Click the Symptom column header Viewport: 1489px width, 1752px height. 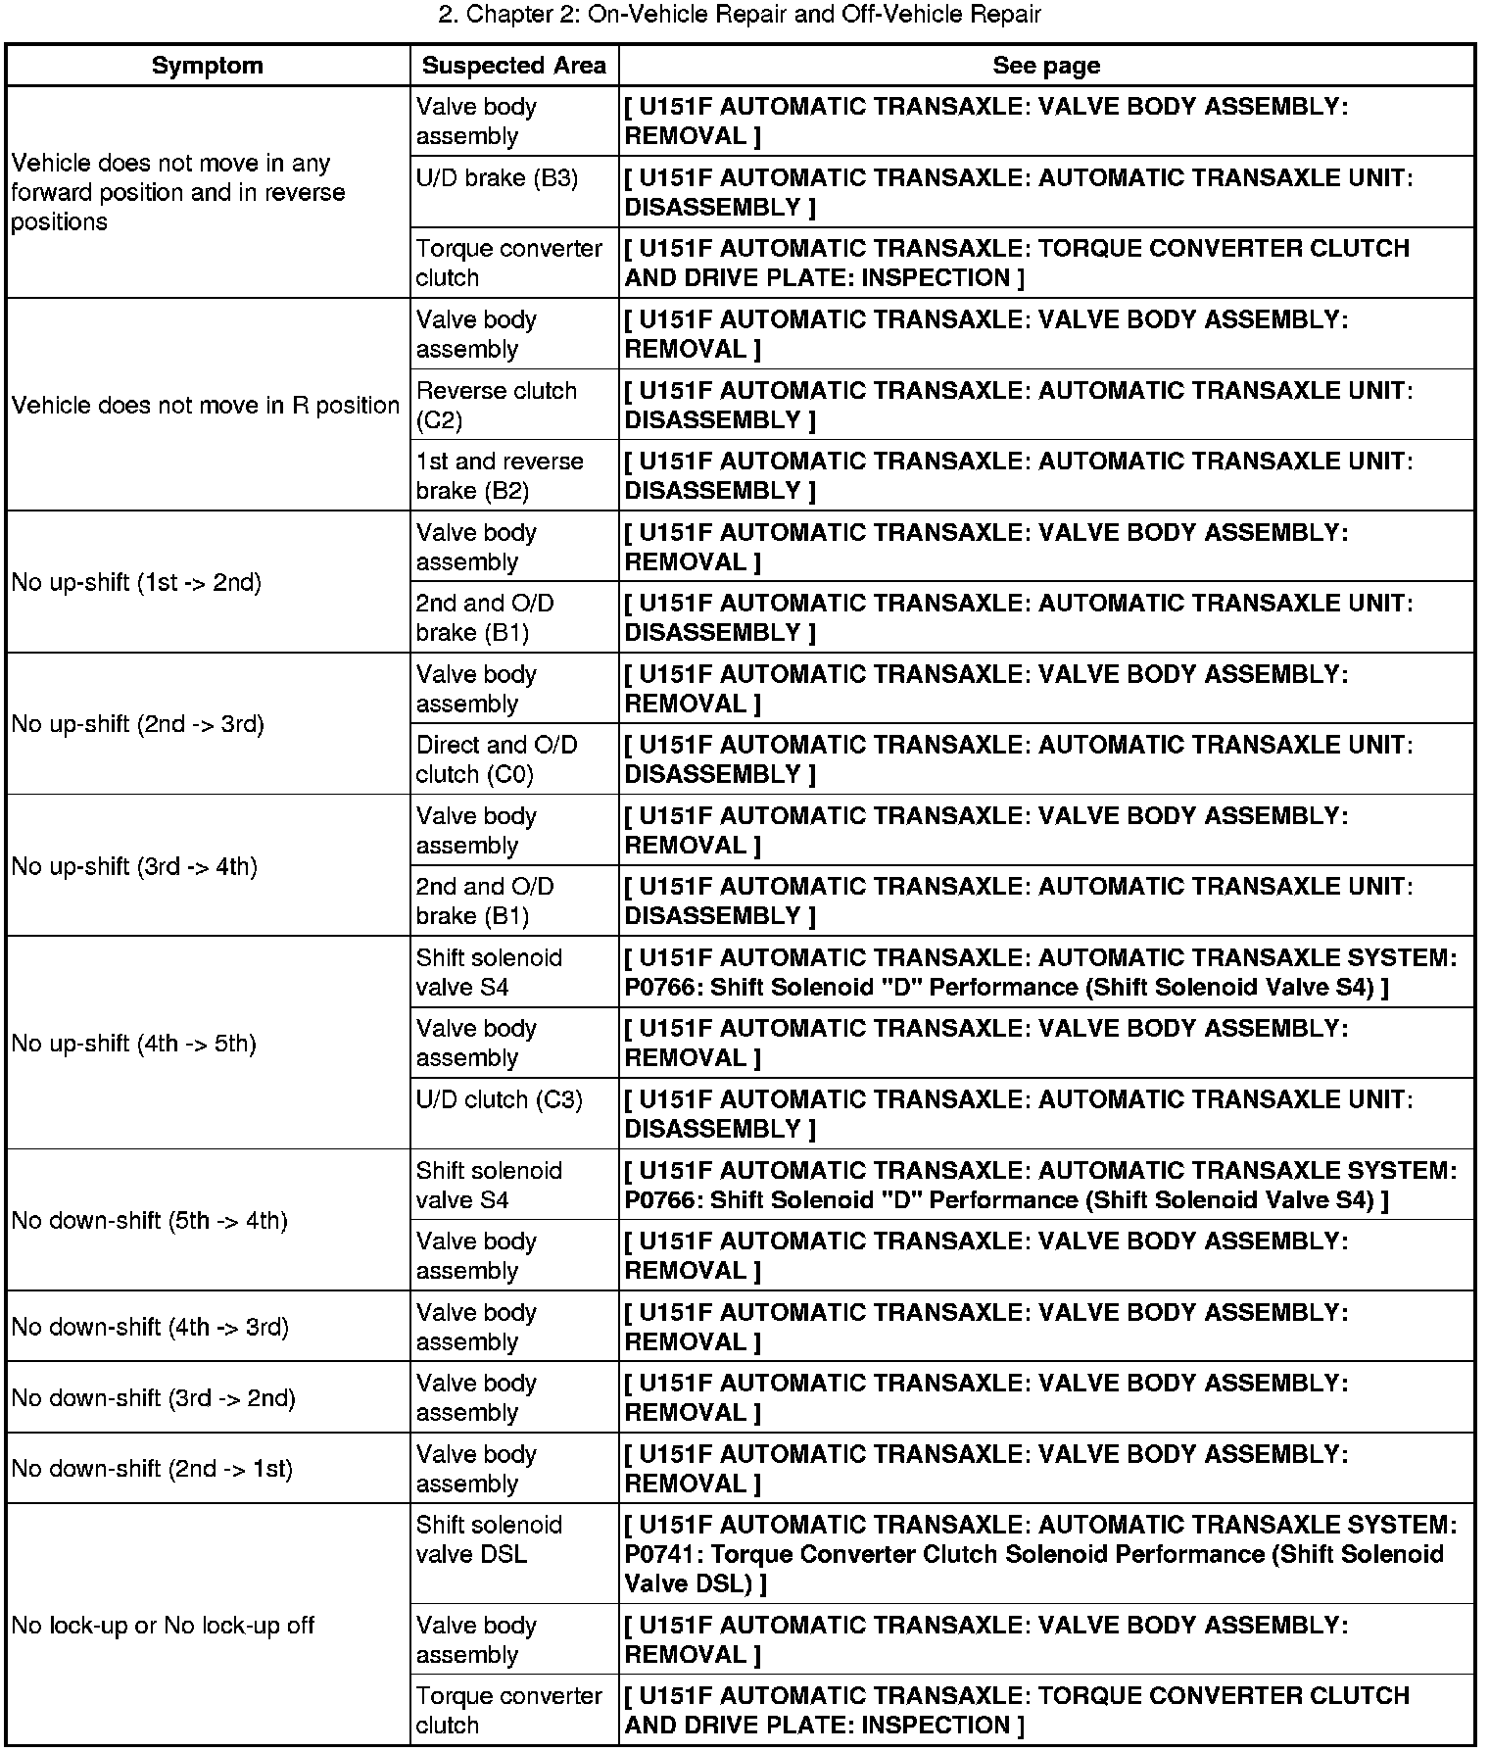[x=208, y=66]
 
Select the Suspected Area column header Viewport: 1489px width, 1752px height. [x=513, y=66]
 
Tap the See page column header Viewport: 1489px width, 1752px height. [x=1046, y=66]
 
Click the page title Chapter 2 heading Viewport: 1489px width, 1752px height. [x=740, y=15]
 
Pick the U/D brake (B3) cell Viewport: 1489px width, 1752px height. [x=497, y=178]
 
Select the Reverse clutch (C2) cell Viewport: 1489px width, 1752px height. [x=496, y=405]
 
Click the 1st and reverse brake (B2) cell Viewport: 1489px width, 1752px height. [x=499, y=475]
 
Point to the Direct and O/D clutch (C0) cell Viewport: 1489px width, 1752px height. [x=497, y=759]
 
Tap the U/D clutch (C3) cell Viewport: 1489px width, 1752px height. [x=499, y=1099]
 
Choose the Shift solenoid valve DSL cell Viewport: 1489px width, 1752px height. [x=489, y=1539]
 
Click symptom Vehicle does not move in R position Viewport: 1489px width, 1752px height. [x=206, y=405]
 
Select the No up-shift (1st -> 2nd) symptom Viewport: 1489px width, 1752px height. [x=136, y=583]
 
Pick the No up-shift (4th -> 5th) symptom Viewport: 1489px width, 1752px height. [x=134, y=1044]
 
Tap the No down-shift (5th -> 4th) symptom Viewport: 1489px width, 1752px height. [x=150, y=1221]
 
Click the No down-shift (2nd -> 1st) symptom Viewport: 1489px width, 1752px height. [x=152, y=1469]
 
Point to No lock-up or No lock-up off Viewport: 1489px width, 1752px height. [x=163, y=1626]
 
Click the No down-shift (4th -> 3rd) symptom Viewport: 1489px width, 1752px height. [x=150, y=1327]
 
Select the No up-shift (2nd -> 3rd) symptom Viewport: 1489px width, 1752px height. [x=138, y=724]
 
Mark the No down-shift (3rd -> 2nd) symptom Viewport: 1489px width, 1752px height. [x=153, y=1397]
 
